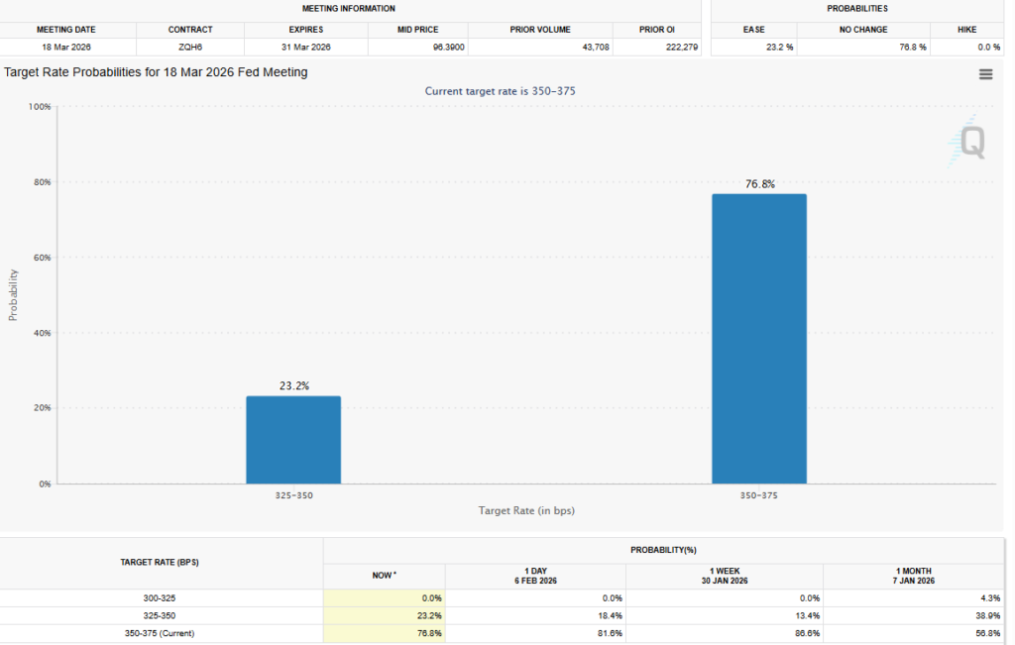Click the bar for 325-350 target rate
293,440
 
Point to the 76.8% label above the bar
760,184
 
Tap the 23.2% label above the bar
293,386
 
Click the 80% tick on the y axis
40,182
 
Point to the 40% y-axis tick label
40,333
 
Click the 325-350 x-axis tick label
293,493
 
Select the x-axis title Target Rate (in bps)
526,511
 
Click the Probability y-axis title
14,294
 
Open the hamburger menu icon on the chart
985,74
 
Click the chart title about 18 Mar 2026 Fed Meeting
156,72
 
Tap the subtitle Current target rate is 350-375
500,91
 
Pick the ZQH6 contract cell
189,47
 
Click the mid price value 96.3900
444,47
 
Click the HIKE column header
966,30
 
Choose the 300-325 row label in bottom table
162,598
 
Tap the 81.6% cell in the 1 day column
608,632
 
